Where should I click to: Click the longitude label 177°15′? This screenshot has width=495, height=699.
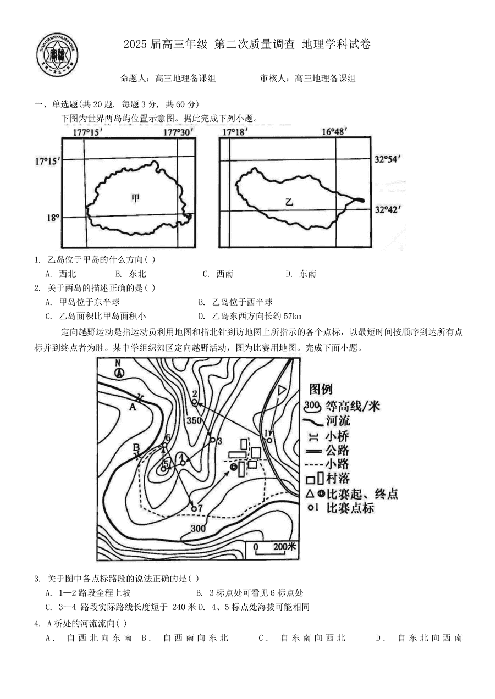coord(88,132)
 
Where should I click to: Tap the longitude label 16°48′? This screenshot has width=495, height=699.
coord(335,131)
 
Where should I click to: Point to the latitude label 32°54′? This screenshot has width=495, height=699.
coord(387,159)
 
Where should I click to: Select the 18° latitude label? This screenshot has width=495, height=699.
coord(53,218)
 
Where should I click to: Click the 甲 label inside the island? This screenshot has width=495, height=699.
coord(136,198)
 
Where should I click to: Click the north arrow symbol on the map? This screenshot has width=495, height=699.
coord(118,369)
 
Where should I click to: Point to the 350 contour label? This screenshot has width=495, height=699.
coord(194,420)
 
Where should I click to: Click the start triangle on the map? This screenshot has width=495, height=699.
coord(282,390)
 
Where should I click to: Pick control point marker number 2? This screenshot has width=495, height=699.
coord(195,402)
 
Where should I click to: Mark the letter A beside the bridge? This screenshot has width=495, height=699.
coord(133,407)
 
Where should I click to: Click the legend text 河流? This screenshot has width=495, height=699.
coord(338,421)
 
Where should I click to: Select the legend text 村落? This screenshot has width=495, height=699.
coord(338,478)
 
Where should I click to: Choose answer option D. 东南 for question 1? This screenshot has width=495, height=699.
coord(301,274)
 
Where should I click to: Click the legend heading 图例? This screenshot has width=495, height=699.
coord(321,390)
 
